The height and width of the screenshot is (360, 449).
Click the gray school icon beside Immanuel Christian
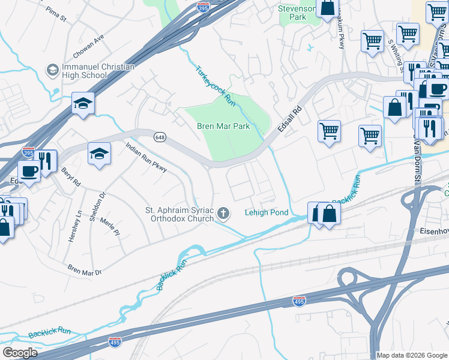point(52,71)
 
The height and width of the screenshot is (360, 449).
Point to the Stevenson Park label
point(296,13)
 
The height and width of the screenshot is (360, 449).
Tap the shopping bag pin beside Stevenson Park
point(328,8)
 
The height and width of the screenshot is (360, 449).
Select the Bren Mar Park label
point(223,127)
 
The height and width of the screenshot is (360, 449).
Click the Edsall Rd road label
point(289,121)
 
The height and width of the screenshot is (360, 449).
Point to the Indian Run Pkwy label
point(146,158)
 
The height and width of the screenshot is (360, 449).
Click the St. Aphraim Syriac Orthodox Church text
point(180,214)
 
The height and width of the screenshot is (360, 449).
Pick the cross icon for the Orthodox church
point(223,212)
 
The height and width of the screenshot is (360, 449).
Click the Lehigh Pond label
point(267,212)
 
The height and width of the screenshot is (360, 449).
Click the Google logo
point(19,352)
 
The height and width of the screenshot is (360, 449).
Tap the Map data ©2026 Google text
point(412,355)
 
